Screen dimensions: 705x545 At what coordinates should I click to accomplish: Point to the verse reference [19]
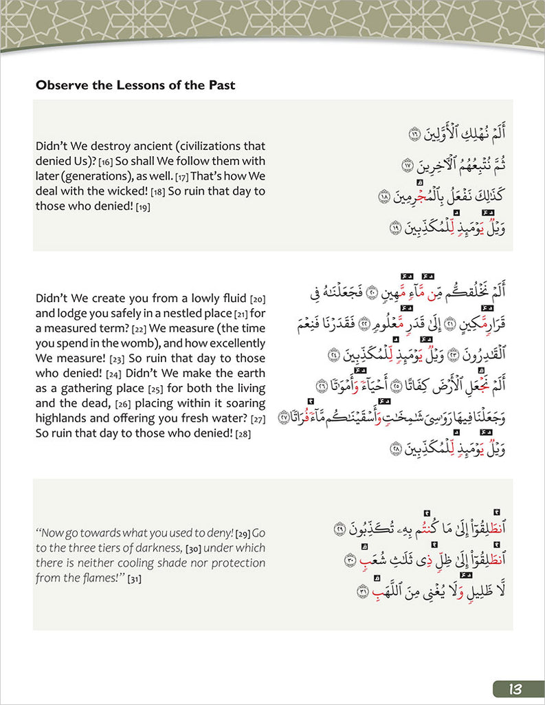[x=143, y=207]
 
